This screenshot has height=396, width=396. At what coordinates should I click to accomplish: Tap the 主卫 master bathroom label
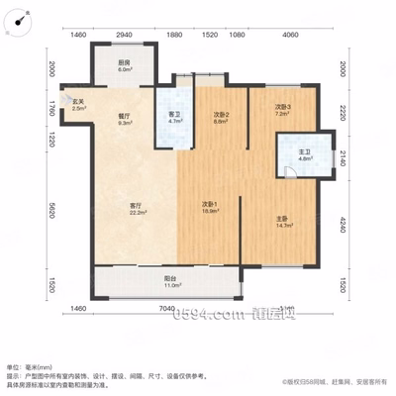pyautogui.click(x=292, y=154)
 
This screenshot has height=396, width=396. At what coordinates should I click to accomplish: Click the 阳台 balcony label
pyautogui.click(x=170, y=281)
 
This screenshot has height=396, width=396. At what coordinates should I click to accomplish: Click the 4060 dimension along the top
pyautogui.click(x=289, y=35)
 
